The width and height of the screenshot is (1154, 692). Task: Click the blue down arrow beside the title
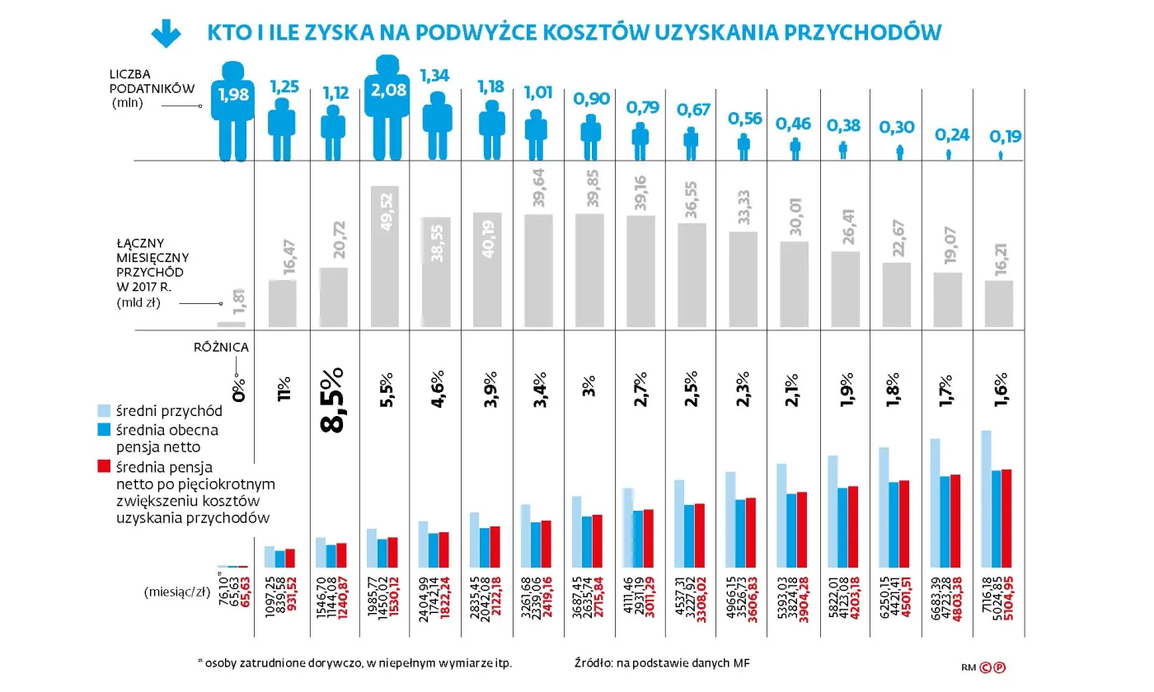(166, 32)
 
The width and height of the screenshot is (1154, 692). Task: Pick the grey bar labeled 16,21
(1000, 304)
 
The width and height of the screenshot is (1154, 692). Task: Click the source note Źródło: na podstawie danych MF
(662, 663)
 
